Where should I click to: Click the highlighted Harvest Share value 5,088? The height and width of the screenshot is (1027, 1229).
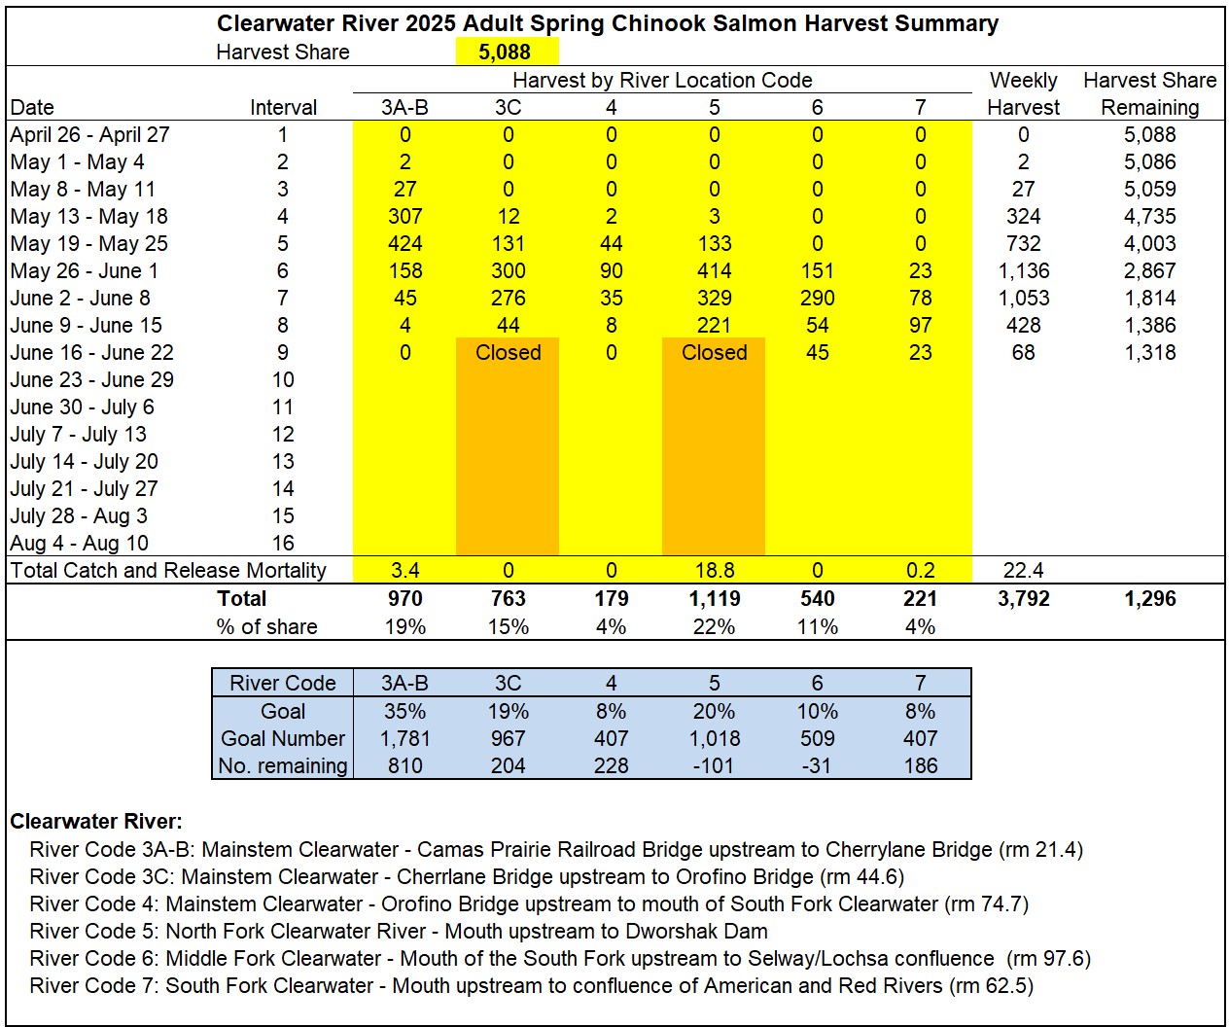[x=505, y=52]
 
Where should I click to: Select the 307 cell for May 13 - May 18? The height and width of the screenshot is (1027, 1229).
[x=404, y=216]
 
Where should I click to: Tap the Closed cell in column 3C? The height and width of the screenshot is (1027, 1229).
[x=508, y=352]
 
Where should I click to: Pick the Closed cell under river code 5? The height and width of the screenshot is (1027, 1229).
[x=714, y=352]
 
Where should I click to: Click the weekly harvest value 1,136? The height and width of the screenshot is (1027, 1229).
[x=1023, y=270]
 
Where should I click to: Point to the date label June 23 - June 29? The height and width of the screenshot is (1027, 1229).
[x=92, y=379]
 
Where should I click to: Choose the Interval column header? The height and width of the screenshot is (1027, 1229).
[x=283, y=107]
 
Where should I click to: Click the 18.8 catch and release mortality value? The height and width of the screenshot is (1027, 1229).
[x=714, y=570]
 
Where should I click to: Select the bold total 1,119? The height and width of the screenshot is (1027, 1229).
[x=714, y=598]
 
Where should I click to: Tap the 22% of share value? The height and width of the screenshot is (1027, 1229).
[x=714, y=626]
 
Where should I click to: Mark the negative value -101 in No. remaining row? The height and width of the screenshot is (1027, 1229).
[x=714, y=765]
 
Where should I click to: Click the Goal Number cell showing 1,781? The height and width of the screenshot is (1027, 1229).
[x=404, y=738]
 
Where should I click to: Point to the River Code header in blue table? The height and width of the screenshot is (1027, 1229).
[x=283, y=683]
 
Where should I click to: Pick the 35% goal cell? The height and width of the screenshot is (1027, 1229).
[x=404, y=711]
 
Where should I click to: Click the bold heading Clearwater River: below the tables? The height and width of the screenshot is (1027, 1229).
[x=96, y=821]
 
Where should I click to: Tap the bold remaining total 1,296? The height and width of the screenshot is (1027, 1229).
[x=1149, y=598]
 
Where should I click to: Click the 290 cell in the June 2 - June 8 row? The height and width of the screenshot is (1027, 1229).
[x=817, y=298]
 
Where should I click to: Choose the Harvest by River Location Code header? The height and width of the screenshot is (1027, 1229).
[x=662, y=80]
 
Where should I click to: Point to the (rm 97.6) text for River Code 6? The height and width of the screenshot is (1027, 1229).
[x=1049, y=958]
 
